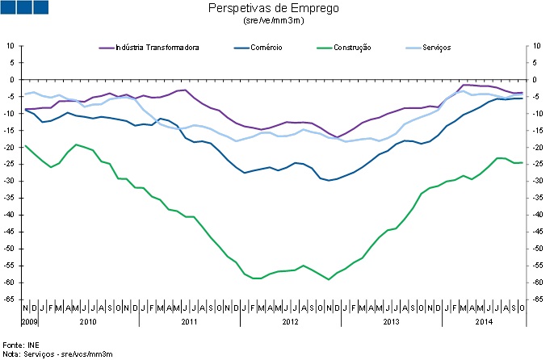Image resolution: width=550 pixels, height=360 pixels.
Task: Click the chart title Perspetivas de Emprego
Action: tap(274, 9)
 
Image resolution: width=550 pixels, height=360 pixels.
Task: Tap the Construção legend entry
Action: tap(352, 48)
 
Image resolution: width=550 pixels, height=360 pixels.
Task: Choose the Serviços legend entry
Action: tap(436, 48)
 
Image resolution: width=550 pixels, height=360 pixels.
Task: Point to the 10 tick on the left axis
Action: tap(12, 46)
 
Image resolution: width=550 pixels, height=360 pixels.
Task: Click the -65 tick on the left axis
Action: tap(10, 299)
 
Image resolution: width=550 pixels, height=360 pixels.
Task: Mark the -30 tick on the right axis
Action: tap(533, 182)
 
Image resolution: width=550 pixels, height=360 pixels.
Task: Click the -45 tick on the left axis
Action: tap(10, 232)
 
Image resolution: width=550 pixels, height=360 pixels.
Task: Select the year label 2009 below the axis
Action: tap(30, 320)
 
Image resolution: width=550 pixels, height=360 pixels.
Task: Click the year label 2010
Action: tap(87, 320)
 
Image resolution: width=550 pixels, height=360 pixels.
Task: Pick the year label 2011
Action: tap(189, 320)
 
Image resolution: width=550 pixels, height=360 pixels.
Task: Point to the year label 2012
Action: tap(290, 320)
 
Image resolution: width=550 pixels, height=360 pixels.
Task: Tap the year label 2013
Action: tap(391, 320)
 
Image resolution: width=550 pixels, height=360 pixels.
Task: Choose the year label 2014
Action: tap(484, 320)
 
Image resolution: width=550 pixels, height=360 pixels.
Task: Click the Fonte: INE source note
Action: tap(21, 345)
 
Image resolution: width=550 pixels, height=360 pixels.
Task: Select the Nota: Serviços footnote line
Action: tap(57, 354)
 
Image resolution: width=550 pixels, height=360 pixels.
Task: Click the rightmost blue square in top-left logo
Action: tap(40, 7)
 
